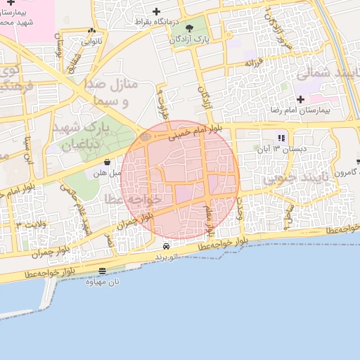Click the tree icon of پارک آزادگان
pyautogui.click(x=188, y=28)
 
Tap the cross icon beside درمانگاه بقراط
pyautogui.click(x=156, y=11)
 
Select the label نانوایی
pyautogui.click(x=91, y=41)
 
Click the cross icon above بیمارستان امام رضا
pyautogui.click(x=300, y=99)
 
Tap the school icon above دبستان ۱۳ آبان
pyautogui.click(x=281, y=138)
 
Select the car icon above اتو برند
pyautogui.click(x=165, y=247)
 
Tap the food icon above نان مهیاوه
pyautogui.click(x=103, y=271)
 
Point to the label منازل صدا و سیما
pyautogui.click(x=117, y=92)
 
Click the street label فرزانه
pyautogui.click(x=254, y=64)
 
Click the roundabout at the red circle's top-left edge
pyautogui.click(x=146, y=136)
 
